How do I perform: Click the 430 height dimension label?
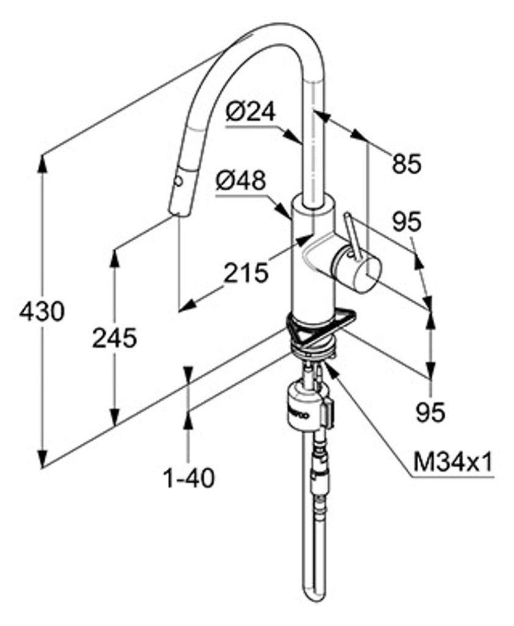coord(42,312)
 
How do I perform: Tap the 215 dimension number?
coord(245,272)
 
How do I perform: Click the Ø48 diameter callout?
coord(241,180)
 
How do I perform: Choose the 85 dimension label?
coord(407,163)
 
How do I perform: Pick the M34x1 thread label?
coord(452,462)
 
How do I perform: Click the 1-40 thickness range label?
coord(189,477)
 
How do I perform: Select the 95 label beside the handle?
coord(407,221)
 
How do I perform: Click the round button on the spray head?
coord(178,181)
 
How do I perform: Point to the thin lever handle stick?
coord(351,232)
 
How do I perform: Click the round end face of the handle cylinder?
coord(366,273)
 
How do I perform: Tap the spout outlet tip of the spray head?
coord(178,213)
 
